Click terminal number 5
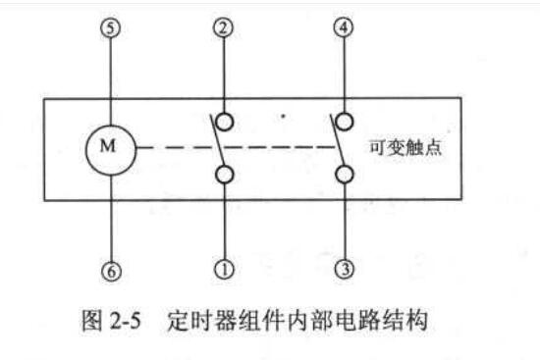[110, 27]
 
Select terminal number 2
[224, 27]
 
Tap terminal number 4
[344, 27]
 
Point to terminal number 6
[111, 271]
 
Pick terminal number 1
[224, 269]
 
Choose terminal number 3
[345, 269]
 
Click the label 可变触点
[405, 147]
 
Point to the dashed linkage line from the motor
[237, 148]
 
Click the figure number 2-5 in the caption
[126, 321]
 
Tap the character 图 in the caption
[92, 321]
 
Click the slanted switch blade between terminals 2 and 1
[218, 141]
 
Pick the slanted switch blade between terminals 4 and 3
[338, 140]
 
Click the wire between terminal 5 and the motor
[110, 80]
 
